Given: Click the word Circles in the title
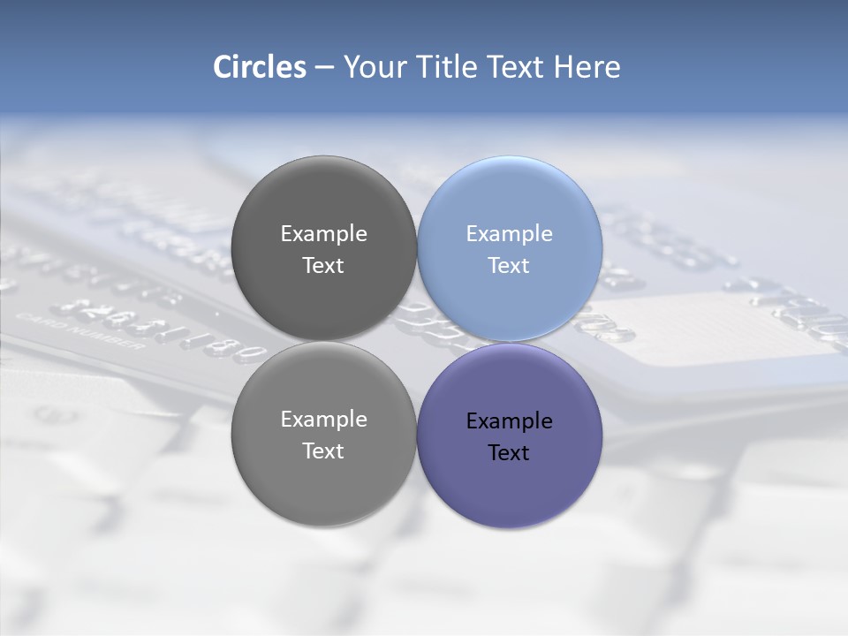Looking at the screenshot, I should (259, 67).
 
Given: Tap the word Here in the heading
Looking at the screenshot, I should (587, 67).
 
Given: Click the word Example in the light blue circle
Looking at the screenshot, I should (510, 234).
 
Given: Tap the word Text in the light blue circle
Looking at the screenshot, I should (509, 266).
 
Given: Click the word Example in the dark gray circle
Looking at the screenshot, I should (323, 234).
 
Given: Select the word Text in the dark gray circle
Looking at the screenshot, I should (323, 266).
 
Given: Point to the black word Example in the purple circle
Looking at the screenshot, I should (510, 421).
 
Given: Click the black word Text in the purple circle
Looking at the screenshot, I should (509, 453).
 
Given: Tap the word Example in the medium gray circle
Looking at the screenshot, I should (323, 420).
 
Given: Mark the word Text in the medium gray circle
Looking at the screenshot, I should (323, 451).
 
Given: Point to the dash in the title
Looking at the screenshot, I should (323, 67).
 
